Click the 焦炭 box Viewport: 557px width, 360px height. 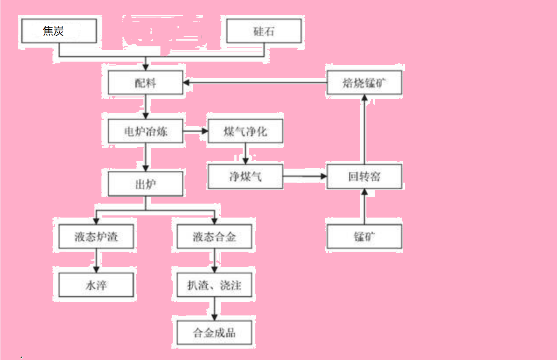58,31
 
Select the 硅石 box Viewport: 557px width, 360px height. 264,31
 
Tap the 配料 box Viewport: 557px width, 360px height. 146,83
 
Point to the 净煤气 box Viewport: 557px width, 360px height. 245,177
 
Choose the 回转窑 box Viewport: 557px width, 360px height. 364,177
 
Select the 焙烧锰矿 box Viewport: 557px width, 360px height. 364,83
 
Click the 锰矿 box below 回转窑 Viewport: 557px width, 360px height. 364,237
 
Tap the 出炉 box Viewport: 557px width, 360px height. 146,183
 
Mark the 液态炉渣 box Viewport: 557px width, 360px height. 96,237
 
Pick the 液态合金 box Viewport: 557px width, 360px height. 214,237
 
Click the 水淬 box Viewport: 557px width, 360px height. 96,285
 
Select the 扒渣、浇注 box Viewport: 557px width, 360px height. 214,285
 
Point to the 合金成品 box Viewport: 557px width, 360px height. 214,333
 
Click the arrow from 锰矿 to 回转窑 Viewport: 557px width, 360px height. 364,207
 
